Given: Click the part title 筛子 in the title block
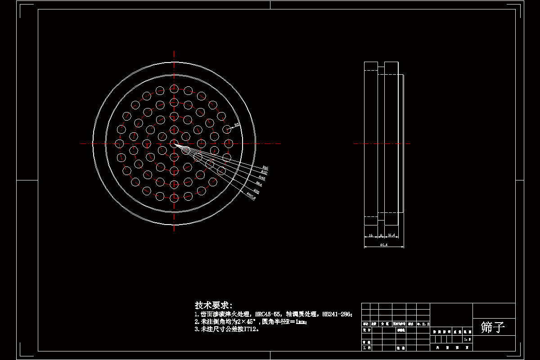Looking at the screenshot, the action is pos(493,327).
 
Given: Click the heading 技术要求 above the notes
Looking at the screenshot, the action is pos(213,306).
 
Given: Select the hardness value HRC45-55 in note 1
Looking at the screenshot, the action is pos(268,314).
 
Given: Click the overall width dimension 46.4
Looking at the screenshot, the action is pos(384,245).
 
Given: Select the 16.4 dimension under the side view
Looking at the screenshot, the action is pos(391,235).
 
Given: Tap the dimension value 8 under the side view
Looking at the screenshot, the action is pos(381,235).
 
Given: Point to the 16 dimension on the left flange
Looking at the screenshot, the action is pos(370,235).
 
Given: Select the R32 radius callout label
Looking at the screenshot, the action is pos(264,173).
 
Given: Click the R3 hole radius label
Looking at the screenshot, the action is pos(236,126).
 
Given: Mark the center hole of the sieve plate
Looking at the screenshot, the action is pos(174,144).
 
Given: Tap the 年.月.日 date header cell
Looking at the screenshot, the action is pos(423,324).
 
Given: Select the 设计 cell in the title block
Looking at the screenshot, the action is pos(366,330).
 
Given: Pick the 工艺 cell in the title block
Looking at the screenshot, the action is pos(366,348).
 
